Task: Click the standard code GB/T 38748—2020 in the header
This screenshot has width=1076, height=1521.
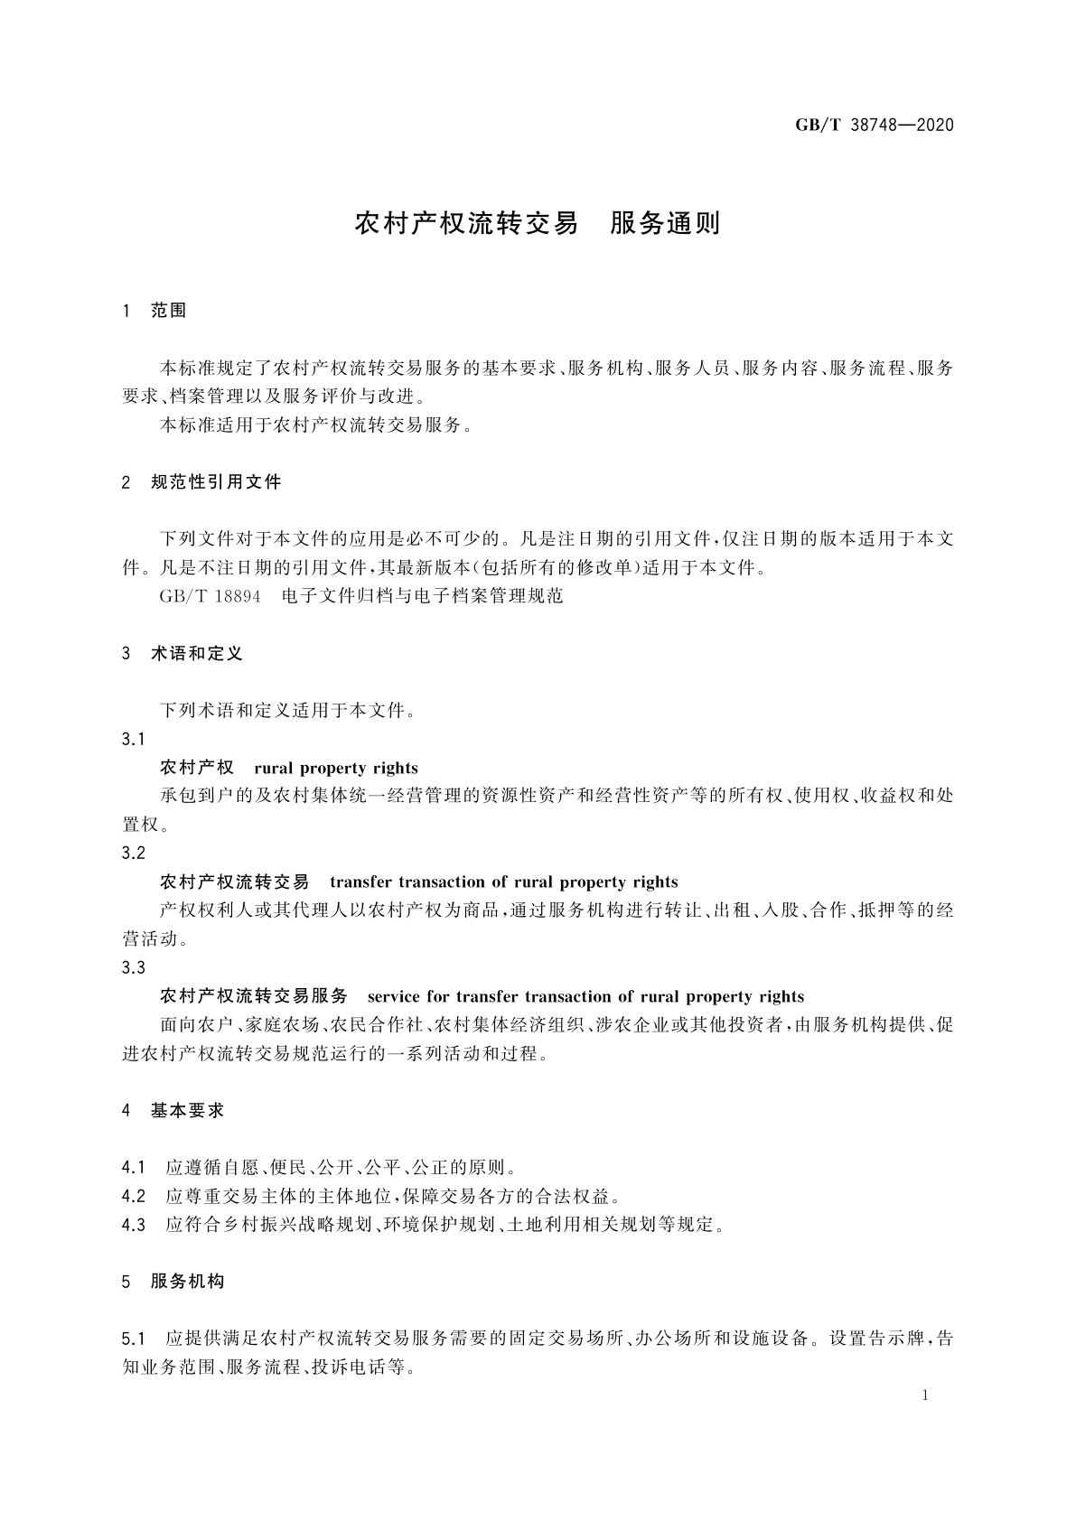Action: coord(874,125)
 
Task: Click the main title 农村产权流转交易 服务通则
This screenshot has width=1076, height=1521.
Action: coord(538,224)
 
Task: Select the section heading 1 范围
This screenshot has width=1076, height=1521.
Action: coord(154,311)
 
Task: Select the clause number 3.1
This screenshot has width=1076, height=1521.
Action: coord(133,740)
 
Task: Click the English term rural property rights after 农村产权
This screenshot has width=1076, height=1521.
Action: coord(336,769)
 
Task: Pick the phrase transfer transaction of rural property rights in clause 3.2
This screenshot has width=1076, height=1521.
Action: coord(503,882)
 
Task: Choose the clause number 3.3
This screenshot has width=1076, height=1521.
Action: coord(133,968)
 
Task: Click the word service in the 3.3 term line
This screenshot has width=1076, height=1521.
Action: coord(395,997)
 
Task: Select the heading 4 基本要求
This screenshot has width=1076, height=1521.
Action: coord(173,1111)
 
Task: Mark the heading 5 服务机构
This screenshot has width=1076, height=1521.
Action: coord(173,1282)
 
